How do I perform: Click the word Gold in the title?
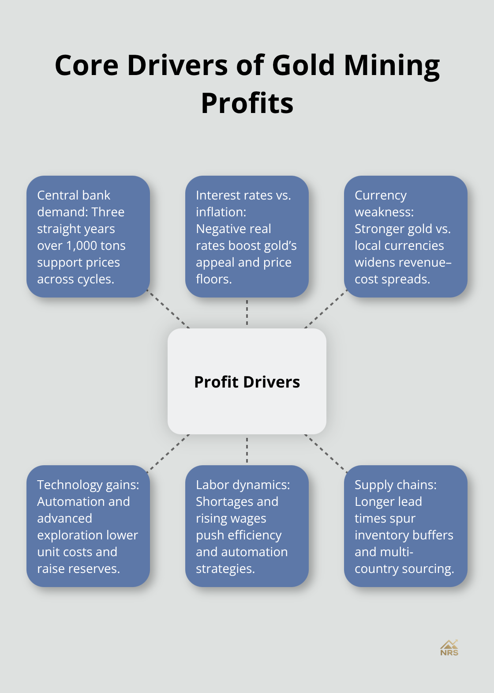304,65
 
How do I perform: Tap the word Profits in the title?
247,104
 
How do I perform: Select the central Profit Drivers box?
247,381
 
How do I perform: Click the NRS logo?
449,648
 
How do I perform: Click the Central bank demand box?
88,237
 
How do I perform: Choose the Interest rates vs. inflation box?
247,237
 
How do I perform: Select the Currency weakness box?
405,237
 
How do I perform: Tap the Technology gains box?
88,526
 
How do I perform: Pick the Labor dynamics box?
247,526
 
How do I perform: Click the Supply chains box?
405,526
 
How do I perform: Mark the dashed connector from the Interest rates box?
247,313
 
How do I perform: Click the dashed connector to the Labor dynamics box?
247,450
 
